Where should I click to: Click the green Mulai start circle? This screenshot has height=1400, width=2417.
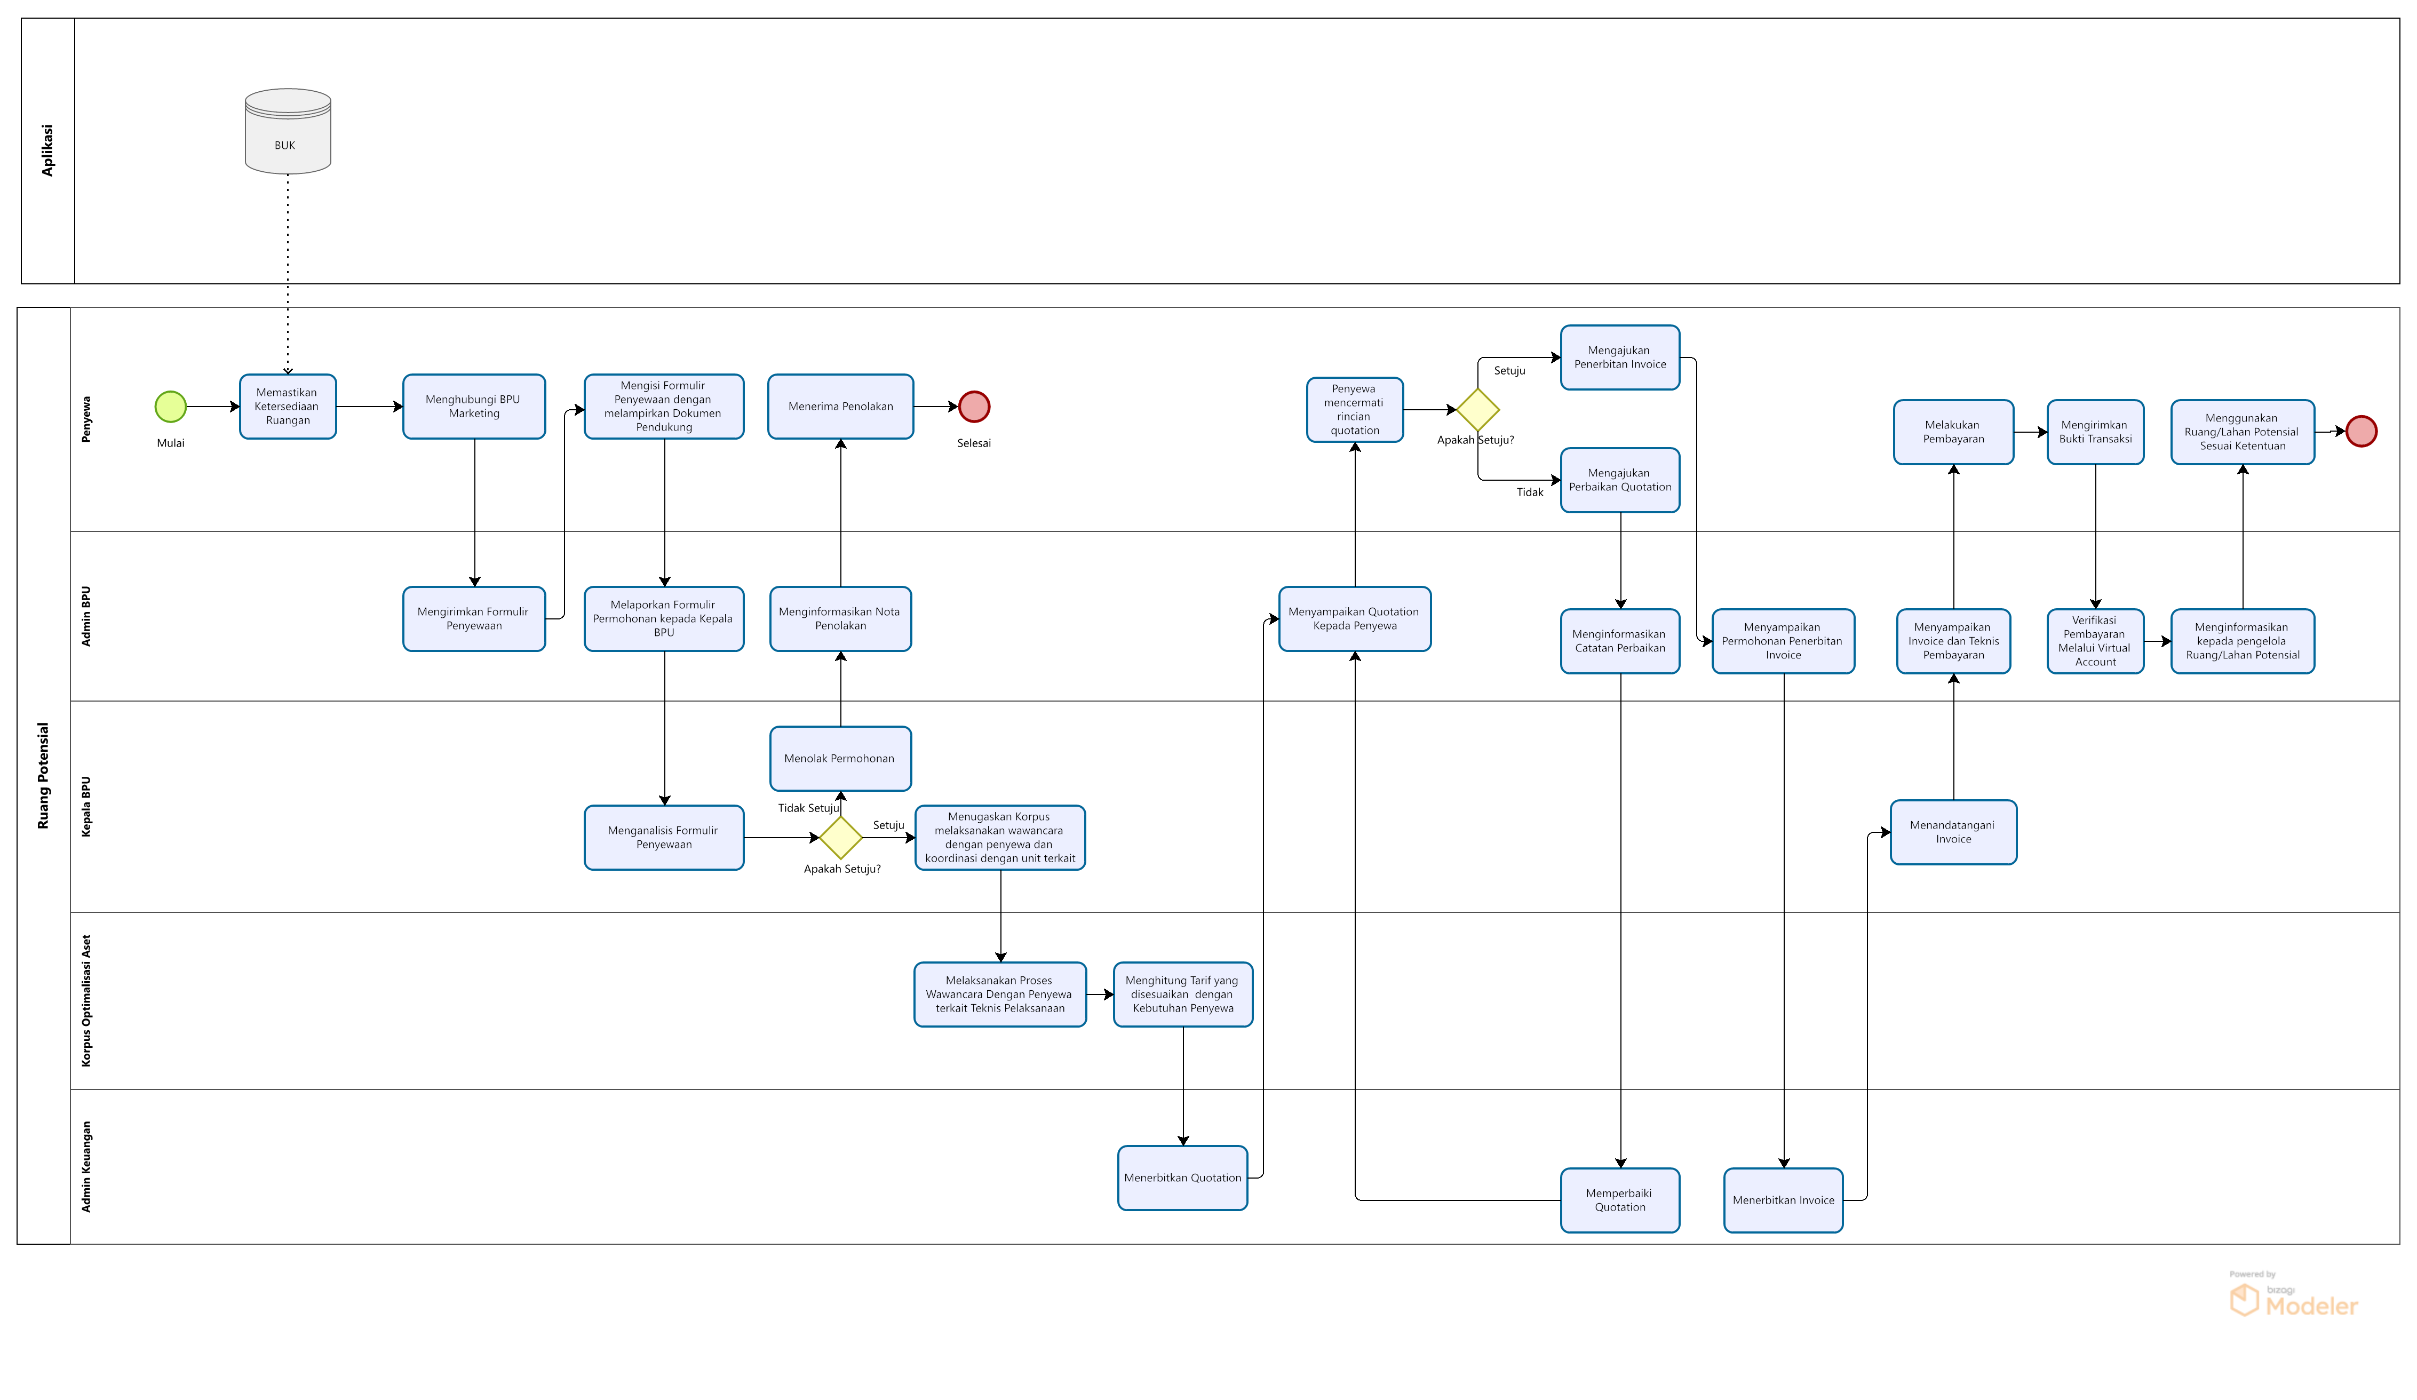coord(171,407)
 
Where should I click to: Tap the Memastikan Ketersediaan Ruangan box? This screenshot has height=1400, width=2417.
coord(288,407)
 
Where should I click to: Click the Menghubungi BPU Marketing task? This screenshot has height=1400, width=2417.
coord(474,407)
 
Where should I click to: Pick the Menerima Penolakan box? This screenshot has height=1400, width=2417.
coord(840,407)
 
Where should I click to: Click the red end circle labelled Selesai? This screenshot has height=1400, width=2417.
coord(974,407)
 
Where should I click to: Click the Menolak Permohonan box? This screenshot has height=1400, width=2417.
coord(840,759)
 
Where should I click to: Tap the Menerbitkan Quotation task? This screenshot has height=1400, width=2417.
coord(1182,1178)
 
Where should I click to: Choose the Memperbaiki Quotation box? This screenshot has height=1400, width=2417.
coord(1620,1199)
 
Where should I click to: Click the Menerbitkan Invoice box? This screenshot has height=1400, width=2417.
coord(1783,1199)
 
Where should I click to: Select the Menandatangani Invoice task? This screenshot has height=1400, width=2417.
coord(1953,832)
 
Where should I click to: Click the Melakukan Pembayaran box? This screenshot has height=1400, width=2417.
coord(1953,432)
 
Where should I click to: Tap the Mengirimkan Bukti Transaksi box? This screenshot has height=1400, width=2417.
coord(2095,432)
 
